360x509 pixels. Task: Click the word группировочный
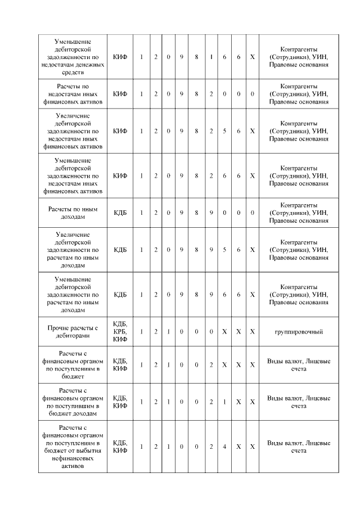(298, 332)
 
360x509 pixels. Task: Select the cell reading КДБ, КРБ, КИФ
(120, 332)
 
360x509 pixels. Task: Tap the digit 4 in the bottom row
(224, 447)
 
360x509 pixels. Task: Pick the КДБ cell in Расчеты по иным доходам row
(120, 213)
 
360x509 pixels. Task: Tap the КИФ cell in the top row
(120, 57)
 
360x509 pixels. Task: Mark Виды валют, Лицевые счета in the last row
(298, 447)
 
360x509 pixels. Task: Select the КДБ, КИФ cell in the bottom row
(120, 447)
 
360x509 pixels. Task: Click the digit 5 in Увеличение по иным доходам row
(224, 250)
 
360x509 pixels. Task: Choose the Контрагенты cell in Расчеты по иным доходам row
(298, 213)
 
